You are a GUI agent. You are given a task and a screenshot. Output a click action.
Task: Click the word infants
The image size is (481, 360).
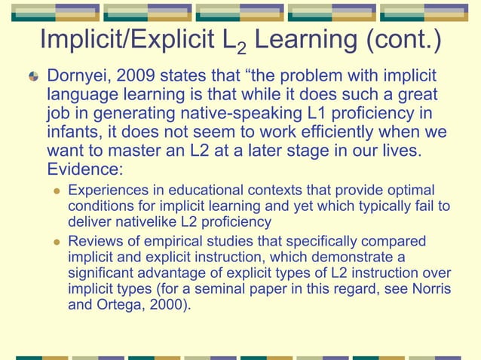pos(71,133)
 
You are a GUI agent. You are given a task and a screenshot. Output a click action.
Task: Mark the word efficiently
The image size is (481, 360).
pos(309,133)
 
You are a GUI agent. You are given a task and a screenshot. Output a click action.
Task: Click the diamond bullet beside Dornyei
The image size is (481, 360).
pos(33,78)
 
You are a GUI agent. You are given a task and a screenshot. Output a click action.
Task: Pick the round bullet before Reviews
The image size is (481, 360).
pos(56,243)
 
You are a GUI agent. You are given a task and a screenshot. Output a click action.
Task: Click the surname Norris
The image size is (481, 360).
pos(432,289)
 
